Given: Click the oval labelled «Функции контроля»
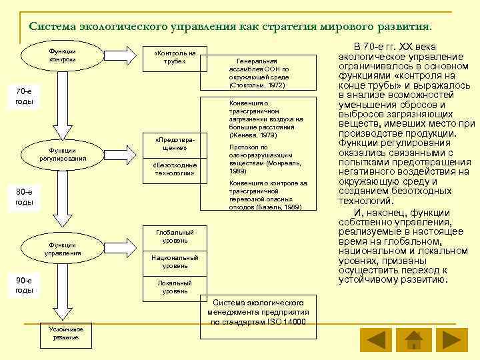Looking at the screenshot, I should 62,56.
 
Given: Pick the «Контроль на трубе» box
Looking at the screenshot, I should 174,57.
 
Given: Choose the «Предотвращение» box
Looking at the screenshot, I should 174,145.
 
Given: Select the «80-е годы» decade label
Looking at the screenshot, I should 23,197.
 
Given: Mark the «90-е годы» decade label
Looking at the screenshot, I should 23,285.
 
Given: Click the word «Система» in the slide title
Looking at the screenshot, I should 53,27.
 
